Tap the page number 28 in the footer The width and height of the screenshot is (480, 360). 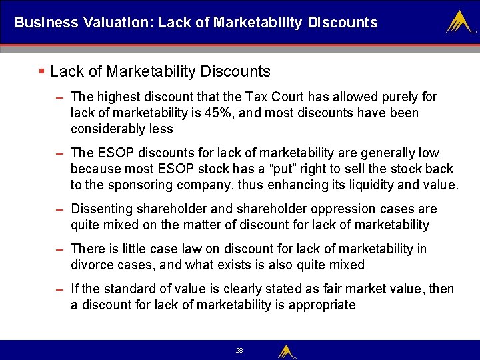point(239,350)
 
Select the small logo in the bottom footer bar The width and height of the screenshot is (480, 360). point(286,351)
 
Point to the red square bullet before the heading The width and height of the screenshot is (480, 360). point(41,71)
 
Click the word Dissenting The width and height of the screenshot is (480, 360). point(103,209)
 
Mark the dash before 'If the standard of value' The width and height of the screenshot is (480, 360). point(59,289)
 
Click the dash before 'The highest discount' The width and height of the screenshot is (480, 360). point(59,97)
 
